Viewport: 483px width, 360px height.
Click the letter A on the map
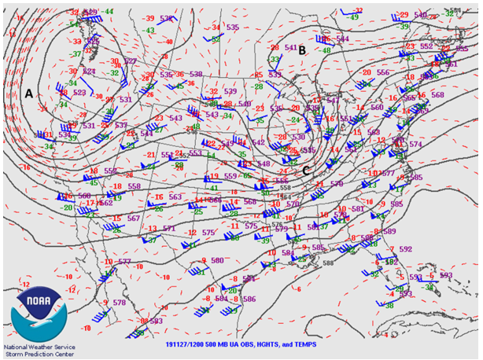28,93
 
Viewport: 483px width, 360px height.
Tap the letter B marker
301,50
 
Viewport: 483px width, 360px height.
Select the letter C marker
306,170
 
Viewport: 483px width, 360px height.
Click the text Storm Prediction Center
36,354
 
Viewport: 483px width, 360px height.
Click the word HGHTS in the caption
263,344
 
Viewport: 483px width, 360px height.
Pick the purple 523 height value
79,93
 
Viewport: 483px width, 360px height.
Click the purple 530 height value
298,137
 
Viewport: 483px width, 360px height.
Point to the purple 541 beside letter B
290,48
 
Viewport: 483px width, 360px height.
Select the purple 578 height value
120,303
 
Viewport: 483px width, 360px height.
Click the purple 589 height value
389,232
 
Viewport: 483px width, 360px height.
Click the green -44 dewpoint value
108,11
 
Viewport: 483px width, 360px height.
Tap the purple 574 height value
415,145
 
